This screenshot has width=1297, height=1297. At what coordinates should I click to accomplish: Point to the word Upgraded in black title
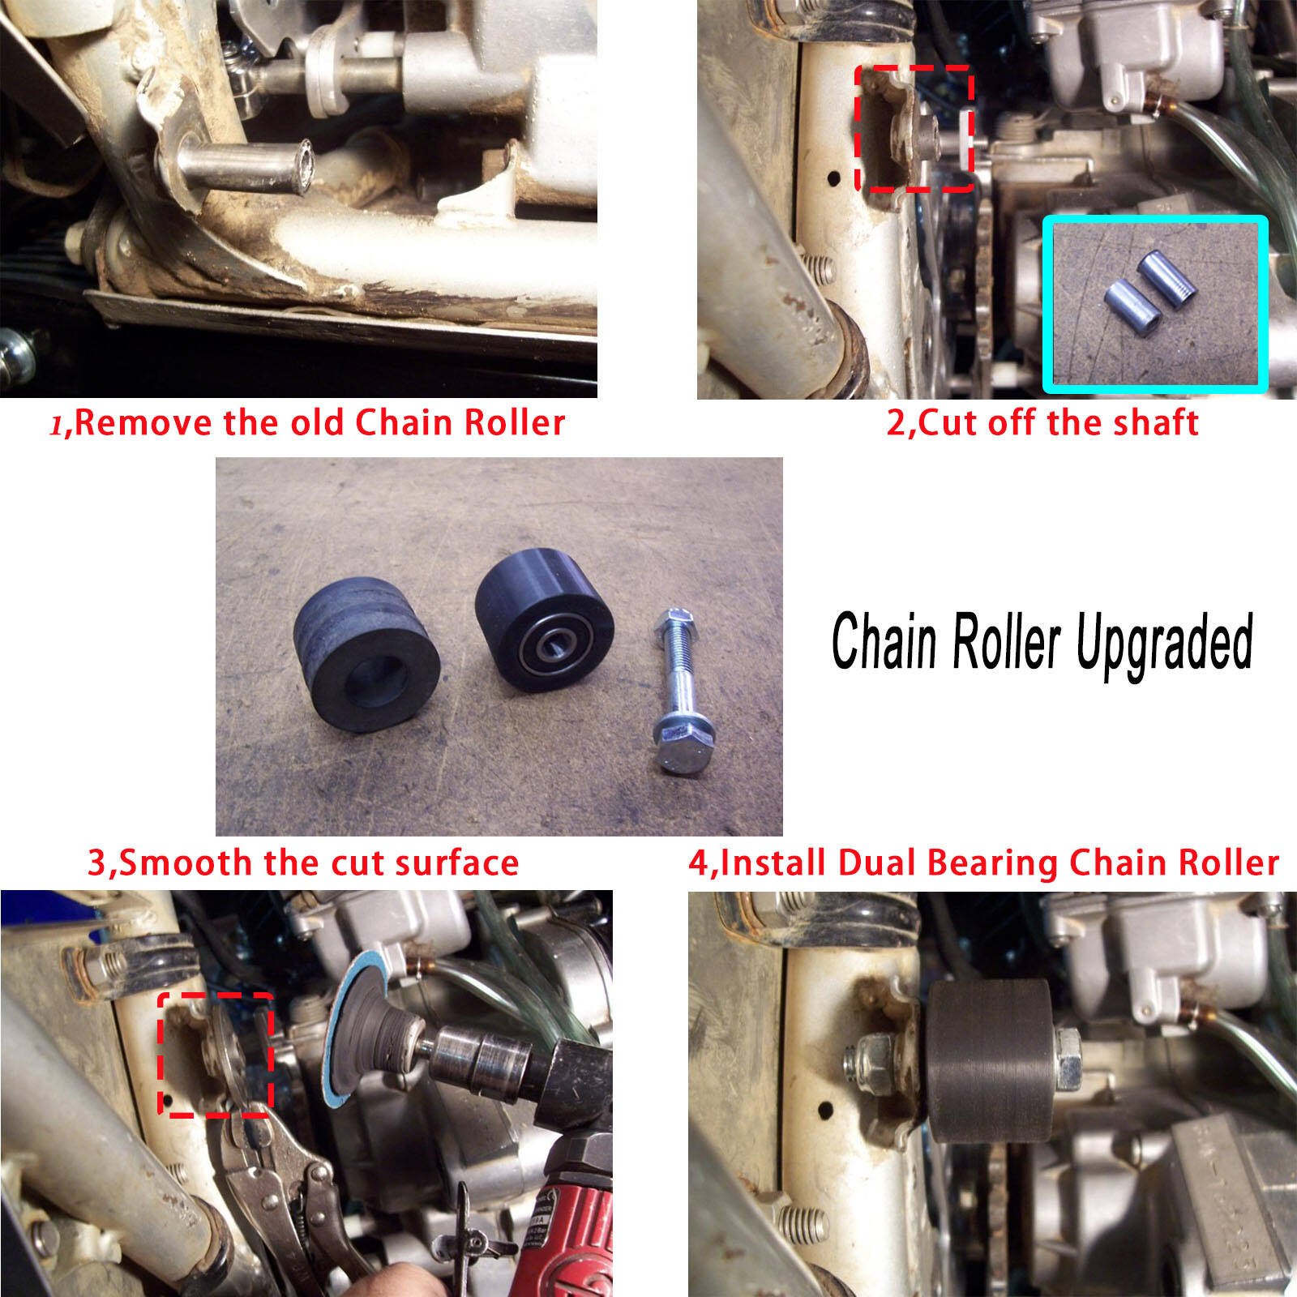1164,642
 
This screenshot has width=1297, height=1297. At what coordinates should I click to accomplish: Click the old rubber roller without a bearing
366,653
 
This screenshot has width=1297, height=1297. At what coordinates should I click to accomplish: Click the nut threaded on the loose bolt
673,624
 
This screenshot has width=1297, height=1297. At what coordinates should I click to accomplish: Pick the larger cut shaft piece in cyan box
1166,279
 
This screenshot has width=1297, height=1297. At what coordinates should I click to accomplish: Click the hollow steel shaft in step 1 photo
243,167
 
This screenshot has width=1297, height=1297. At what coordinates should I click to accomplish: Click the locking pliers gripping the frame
276,1184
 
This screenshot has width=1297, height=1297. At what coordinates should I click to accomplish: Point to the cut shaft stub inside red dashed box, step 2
920,138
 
